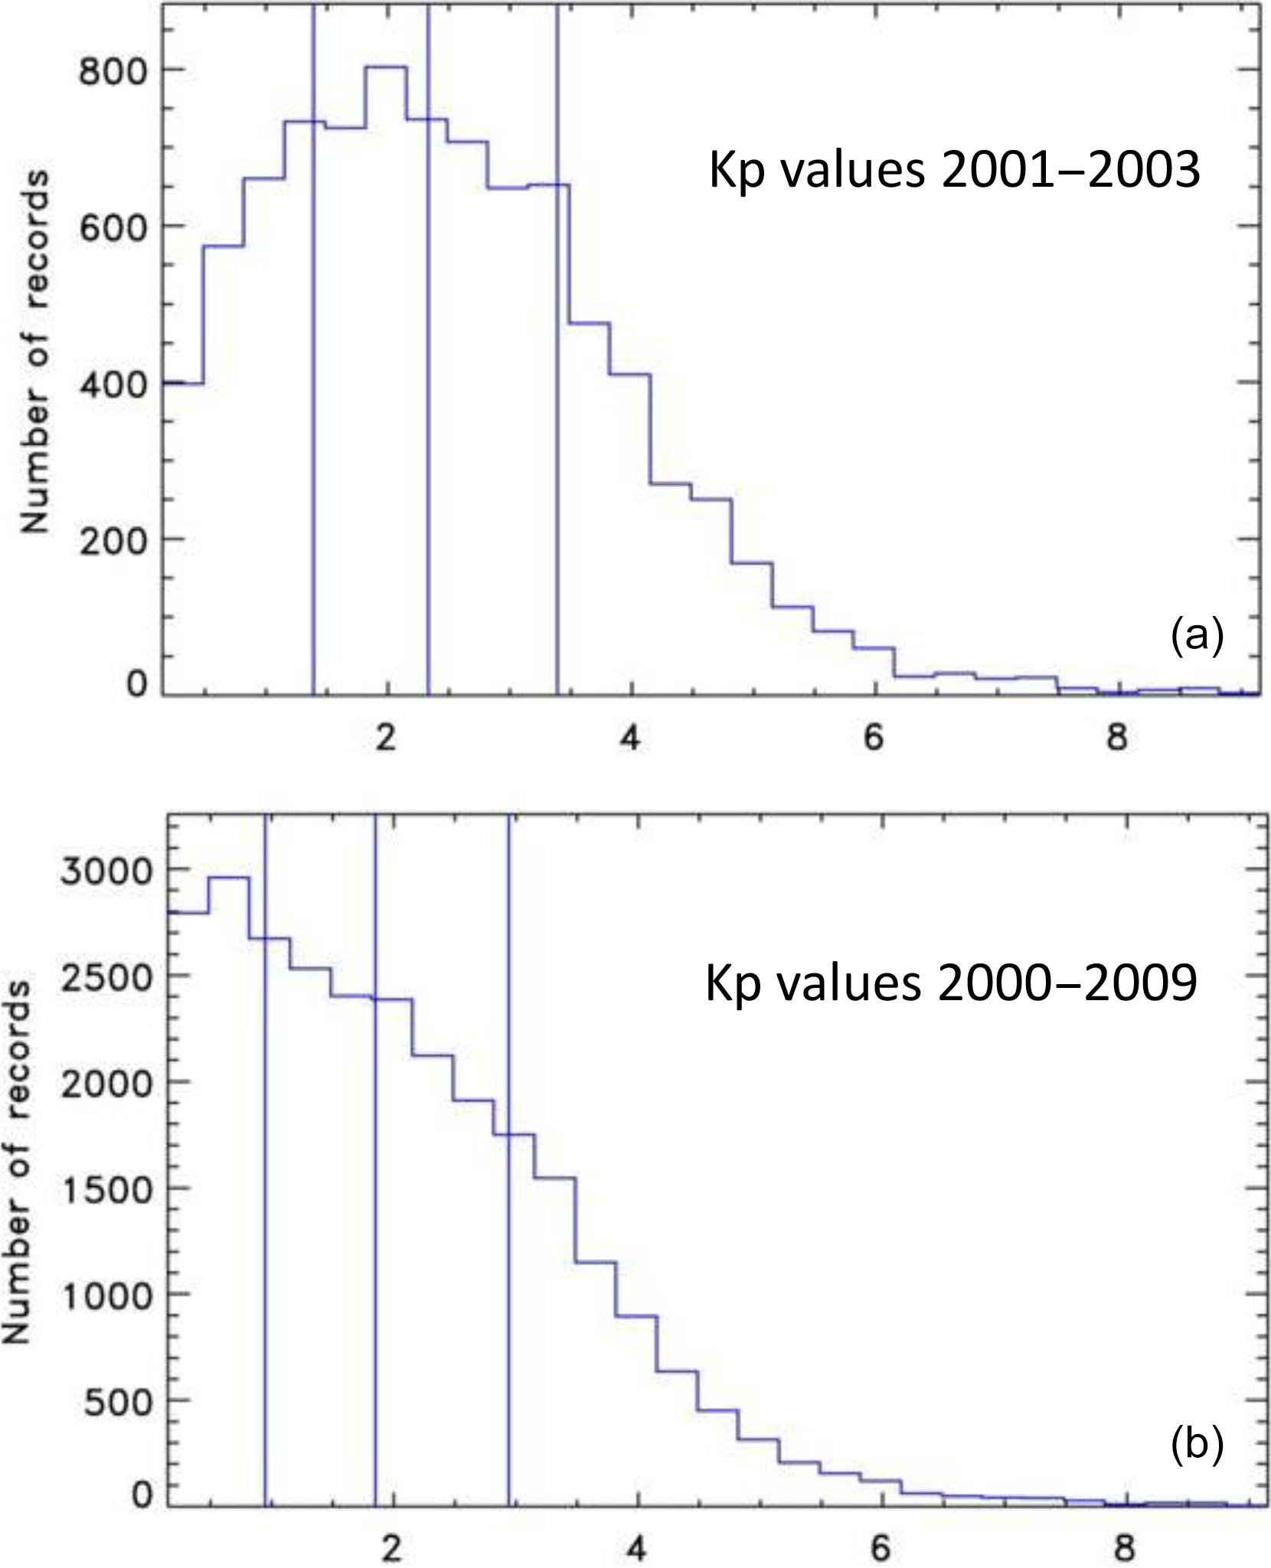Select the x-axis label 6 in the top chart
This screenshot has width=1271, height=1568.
click(873, 738)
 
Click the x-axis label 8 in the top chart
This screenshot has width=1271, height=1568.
click(1116, 738)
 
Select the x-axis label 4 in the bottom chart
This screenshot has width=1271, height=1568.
click(635, 1546)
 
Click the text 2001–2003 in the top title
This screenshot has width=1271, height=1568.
click(1070, 170)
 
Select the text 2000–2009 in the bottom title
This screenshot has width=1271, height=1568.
click(1067, 983)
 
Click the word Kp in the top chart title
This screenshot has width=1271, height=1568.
click(737, 171)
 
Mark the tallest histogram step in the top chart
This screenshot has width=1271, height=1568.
click(386, 67)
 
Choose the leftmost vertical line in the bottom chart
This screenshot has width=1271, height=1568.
click(265, 1224)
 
